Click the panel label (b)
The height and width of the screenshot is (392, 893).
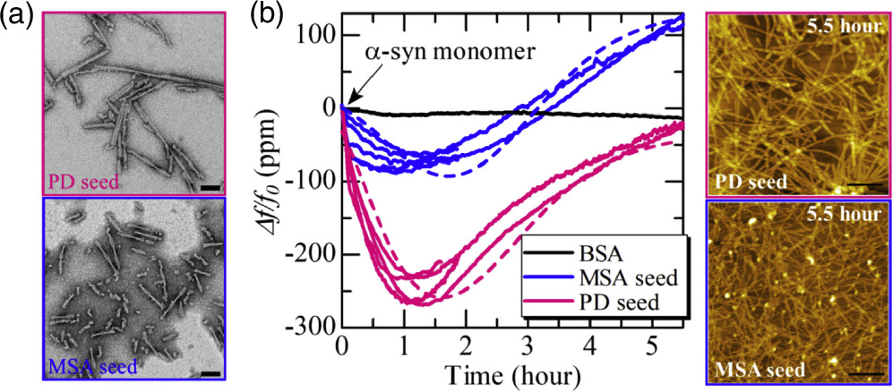272,16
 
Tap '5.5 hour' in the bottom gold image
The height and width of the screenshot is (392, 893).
845,215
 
